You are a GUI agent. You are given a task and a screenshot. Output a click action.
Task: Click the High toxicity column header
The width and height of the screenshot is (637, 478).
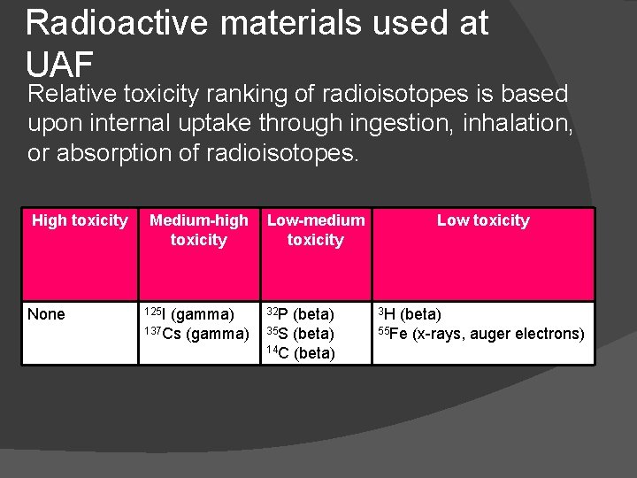[x=80, y=220]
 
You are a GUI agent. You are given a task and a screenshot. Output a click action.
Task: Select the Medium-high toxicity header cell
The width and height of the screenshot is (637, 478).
[x=198, y=230]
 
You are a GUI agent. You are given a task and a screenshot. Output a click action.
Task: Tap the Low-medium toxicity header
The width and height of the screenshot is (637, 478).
[x=316, y=230]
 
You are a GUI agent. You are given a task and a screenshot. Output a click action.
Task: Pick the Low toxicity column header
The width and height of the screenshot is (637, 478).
[x=483, y=220]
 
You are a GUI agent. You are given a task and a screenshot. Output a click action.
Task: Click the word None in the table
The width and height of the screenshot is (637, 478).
[x=46, y=314]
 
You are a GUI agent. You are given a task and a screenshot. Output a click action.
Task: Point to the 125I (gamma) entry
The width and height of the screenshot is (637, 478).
[x=189, y=314]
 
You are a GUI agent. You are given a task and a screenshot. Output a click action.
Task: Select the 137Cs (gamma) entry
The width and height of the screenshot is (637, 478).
[x=196, y=334]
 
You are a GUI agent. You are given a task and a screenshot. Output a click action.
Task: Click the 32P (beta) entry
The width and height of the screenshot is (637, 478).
[x=301, y=314]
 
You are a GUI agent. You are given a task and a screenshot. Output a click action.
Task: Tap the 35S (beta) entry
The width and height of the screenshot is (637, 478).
[x=301, y=334]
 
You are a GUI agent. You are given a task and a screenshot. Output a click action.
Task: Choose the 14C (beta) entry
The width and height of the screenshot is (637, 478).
[x=301, y=353]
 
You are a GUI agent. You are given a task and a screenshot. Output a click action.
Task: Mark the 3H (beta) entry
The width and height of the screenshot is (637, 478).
[x=410, y=314]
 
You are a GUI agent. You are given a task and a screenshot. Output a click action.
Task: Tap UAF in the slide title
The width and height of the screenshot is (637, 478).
[x=60, y=65]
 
